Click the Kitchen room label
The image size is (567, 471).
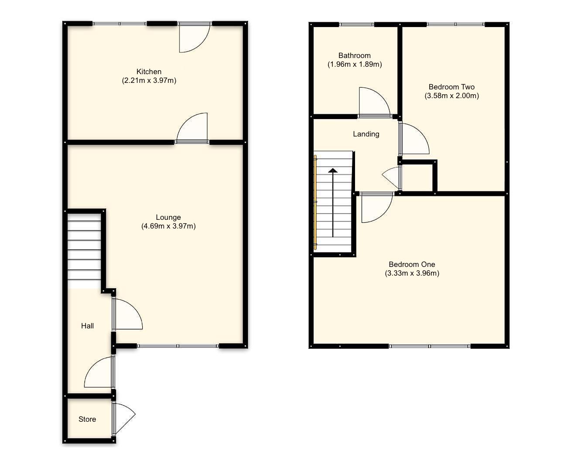[x=149, y=72]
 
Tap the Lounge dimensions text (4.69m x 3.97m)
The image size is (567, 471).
[x=168, y=226]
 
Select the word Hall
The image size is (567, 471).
[x=87, y=326]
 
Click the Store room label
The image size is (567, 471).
[x=87, y=419]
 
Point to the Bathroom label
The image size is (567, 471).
[x=354, y=55]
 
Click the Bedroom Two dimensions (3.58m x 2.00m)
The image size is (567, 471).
[x=451, y=96]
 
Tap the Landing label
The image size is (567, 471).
[x=366, y=134]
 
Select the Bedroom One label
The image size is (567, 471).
[x=412, y=264]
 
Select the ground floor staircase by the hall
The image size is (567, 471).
[x=84, y=249]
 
